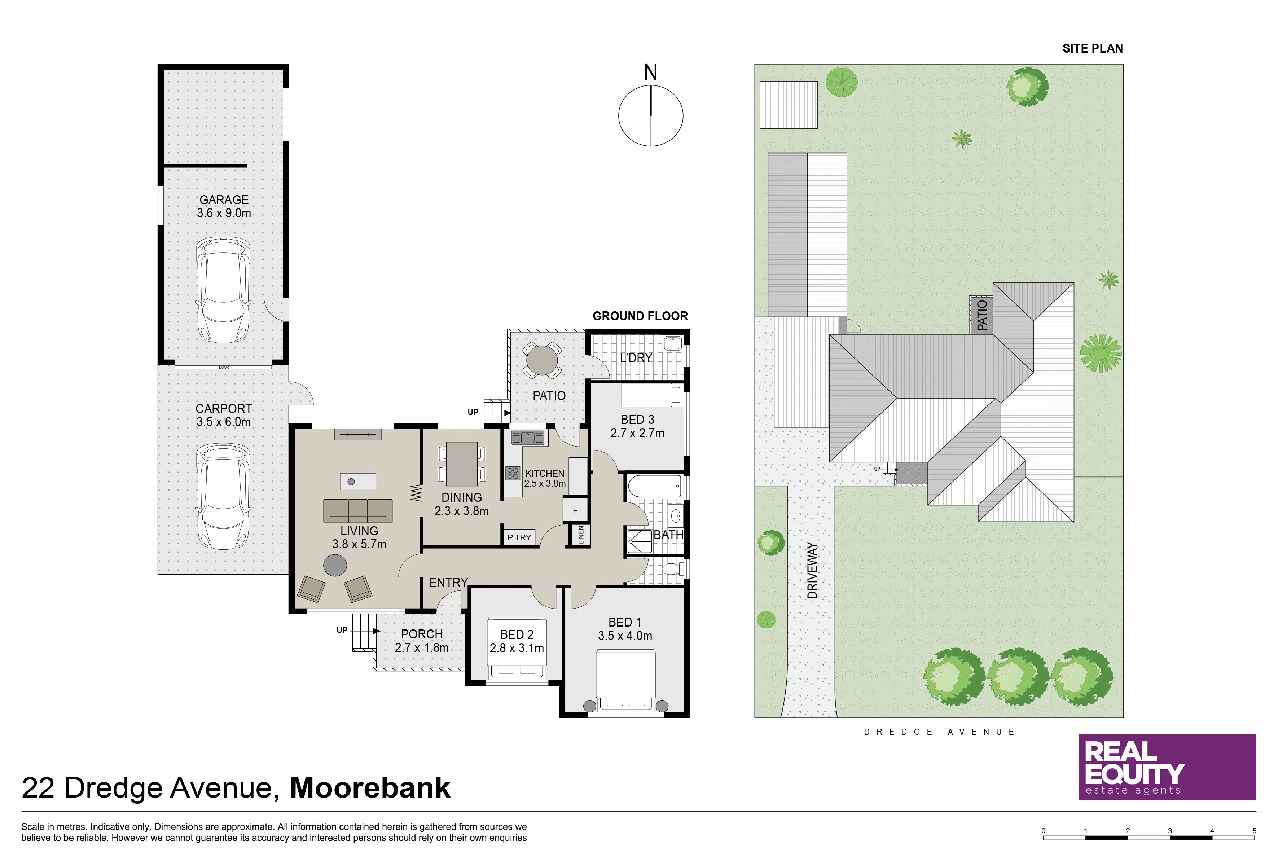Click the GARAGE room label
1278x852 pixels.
tap(224, 200)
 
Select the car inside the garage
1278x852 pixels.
tap(223, 290)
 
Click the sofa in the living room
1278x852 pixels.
tap(357, 511)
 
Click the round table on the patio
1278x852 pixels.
tap(542, 360)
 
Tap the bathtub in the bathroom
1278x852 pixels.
tap(655, 486)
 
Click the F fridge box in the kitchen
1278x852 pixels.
tap(575, 510)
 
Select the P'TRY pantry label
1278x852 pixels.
tap(519, 537)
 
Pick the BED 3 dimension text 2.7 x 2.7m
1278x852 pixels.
tap(637, 433)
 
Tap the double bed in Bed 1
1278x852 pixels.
tap(626, 680)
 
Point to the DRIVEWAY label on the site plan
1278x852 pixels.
tap(812, 570)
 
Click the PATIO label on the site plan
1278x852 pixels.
tap(981, 315)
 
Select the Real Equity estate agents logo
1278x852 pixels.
tap(1167, 767)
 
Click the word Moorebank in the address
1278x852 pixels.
tap(370, 787)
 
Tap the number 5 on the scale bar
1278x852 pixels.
tap(1255, 830)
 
